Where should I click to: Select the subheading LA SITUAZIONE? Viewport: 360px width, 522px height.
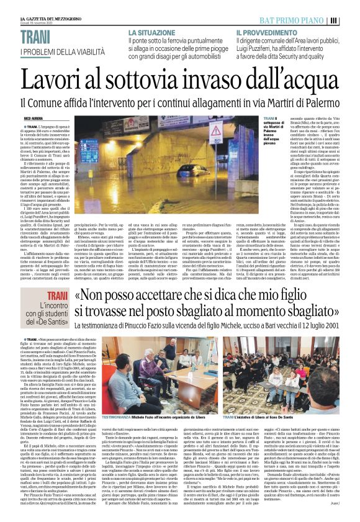tap(152, 32)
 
